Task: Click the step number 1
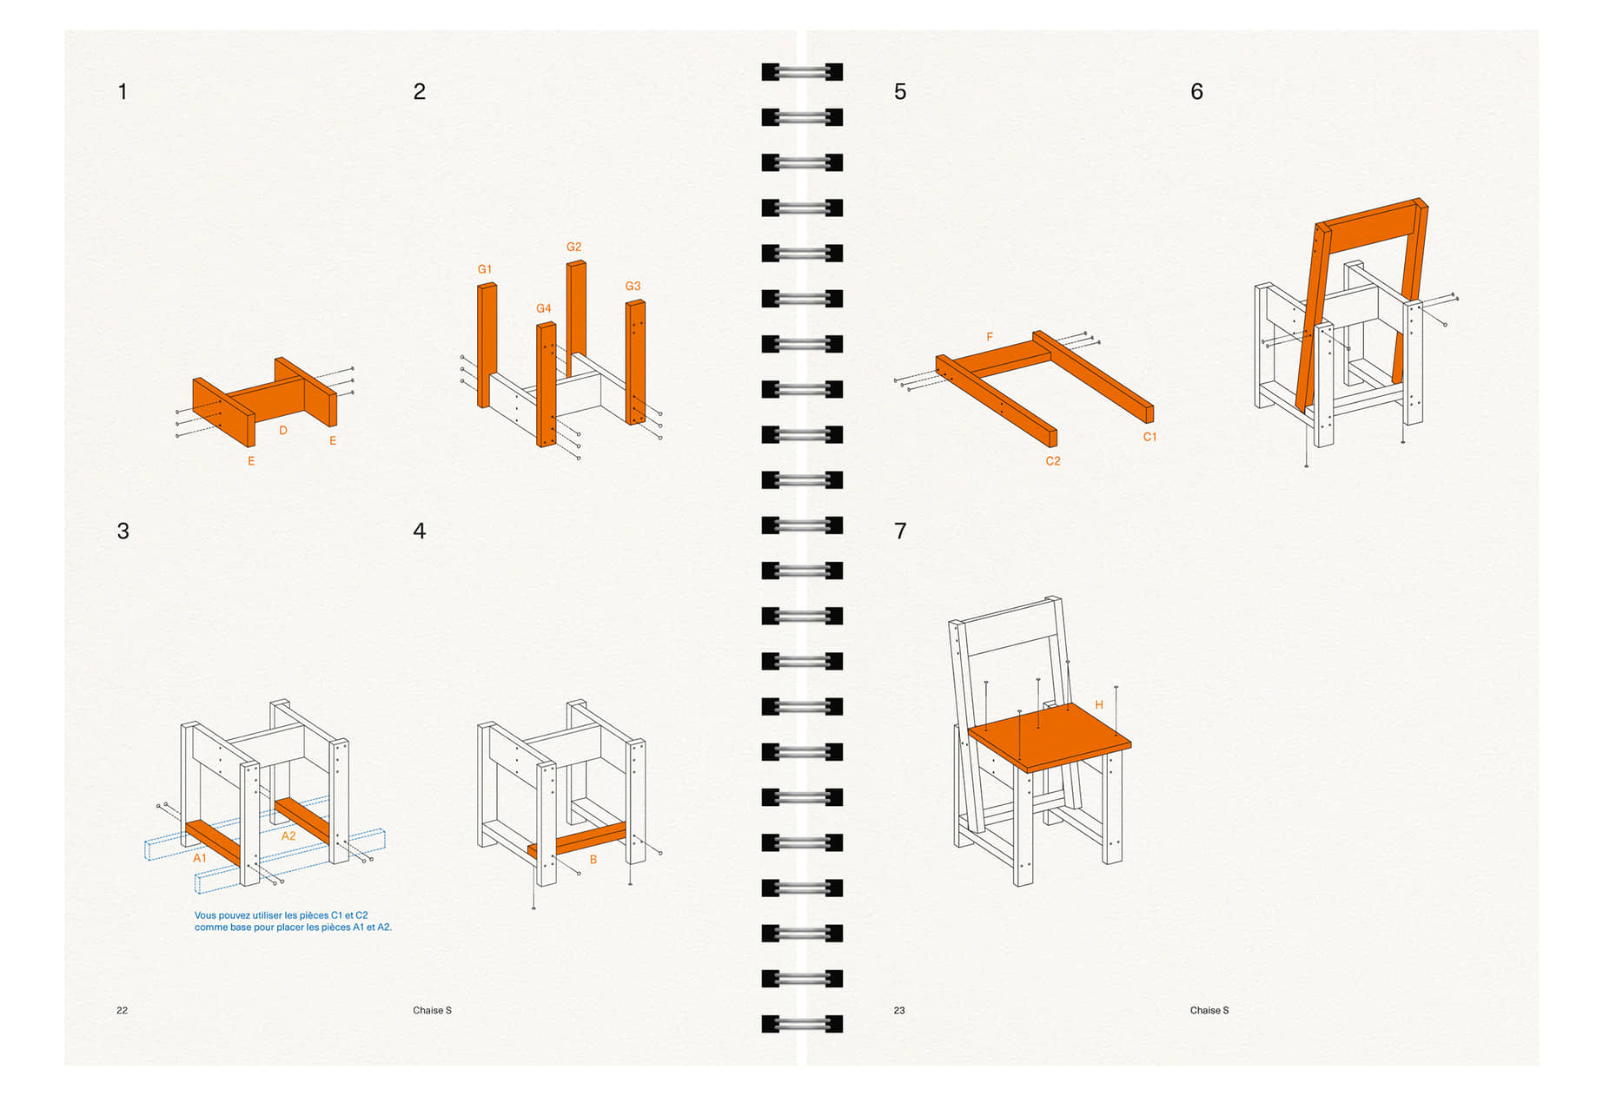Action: tap(123, 91)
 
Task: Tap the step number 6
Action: tap(1196, 91)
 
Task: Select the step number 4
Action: tap(420, 531)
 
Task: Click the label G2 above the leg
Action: tap(573, 247)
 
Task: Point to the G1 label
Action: tap(485, 269)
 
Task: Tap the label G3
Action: tap(633, 286)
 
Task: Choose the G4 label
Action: tap(544, 308)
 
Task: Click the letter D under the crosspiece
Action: tap(283, 430)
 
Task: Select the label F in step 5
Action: tap(990, 337)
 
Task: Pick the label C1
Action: tap(1149, 437)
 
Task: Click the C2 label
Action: tap(1053, 461)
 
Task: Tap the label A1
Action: tap(200, 858)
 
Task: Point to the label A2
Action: tap(288, 836)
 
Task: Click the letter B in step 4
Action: tap(593, 860)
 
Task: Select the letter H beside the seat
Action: tap(1099, 705)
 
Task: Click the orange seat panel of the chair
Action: tap(1050, 737)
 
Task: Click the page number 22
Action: tap(122, 1010)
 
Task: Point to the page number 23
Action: tap(899, 1010)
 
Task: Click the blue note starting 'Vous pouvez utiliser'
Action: tap(293, 921)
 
